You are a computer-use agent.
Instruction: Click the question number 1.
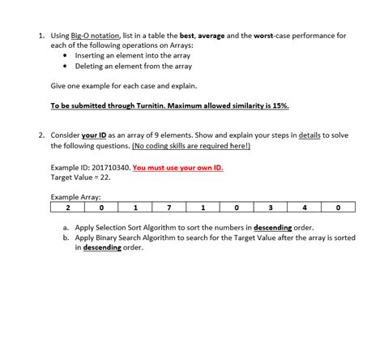click(x=40, y=36)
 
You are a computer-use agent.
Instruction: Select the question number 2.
click(x=40, y=135)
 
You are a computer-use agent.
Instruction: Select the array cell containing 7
click(x=169, y=208)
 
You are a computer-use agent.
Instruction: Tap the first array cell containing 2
click(x=67, y=208)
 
